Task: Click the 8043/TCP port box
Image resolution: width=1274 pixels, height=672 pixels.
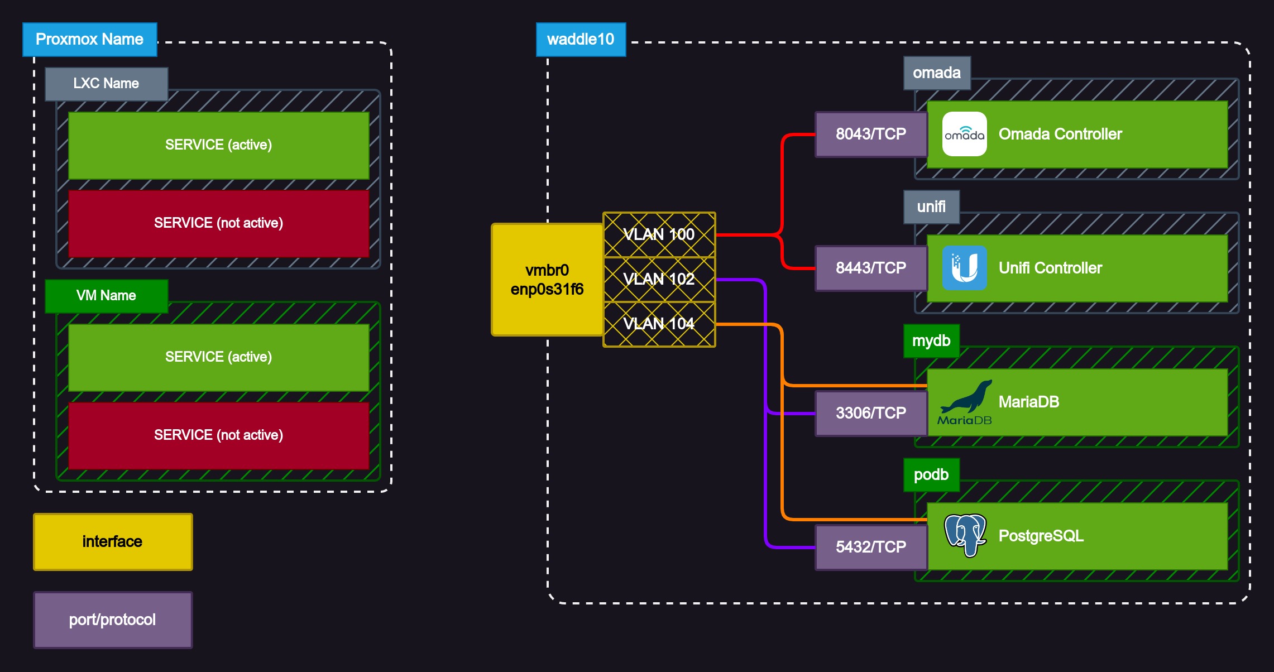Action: [x=871, y=134]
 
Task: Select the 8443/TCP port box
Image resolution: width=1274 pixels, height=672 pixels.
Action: [x=871, y=268]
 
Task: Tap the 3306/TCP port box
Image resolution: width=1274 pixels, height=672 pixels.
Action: [x=871, y=413]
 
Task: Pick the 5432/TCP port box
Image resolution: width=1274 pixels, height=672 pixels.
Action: [x=871, y=547]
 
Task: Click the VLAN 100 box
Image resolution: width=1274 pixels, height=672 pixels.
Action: [x=659, y=234]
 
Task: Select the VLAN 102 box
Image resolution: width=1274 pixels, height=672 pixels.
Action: [x=659, y=279]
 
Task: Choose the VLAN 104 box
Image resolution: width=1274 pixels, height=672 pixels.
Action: [x=659, y=324]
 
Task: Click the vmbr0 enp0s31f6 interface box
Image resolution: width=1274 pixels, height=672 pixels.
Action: [x=547, y=280]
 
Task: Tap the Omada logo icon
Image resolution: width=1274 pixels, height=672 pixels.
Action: [x=964, y=134]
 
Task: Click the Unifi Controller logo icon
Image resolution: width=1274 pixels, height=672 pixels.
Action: [x=964, y=268]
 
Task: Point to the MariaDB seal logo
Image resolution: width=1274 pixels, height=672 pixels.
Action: [x=965, y=402]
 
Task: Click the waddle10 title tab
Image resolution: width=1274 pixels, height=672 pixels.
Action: [x=581, y=39]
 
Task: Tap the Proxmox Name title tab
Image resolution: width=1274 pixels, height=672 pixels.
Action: [x=89, y=39]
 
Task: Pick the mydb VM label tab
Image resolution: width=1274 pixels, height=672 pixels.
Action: [x=931, y=340]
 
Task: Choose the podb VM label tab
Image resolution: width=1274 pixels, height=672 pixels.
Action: [x=931, y=474]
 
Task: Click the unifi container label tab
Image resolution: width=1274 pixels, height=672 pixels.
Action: [x=931, y=207]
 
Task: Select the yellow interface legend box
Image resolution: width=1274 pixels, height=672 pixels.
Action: [x=113, y=541]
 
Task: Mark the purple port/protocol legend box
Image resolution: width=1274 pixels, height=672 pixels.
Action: [x=113, y=620]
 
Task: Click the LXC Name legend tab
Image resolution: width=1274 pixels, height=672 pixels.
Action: [x=106, y=84]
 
